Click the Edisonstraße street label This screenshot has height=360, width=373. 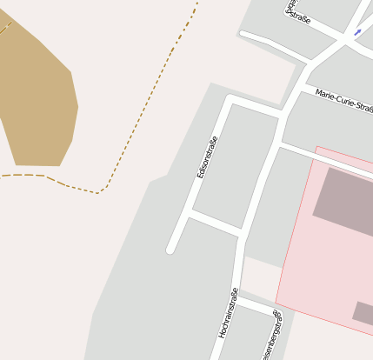pos(207,157)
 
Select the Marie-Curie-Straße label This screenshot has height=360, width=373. pos(343,100)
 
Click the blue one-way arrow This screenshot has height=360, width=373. pos(357,32)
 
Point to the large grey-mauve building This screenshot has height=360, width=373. pos(343,203)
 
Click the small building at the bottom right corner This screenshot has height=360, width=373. pos(363,312)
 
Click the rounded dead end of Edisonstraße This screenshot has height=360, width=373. pos(171,250)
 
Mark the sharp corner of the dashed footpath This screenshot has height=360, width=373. pos(101,190)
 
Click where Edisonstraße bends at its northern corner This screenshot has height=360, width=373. pos(230,100)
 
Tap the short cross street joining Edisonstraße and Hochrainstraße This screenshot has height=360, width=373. pos(215,223)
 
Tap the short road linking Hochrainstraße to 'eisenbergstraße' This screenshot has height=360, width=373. pos(256,305)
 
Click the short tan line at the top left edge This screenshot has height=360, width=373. pos(5,28)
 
